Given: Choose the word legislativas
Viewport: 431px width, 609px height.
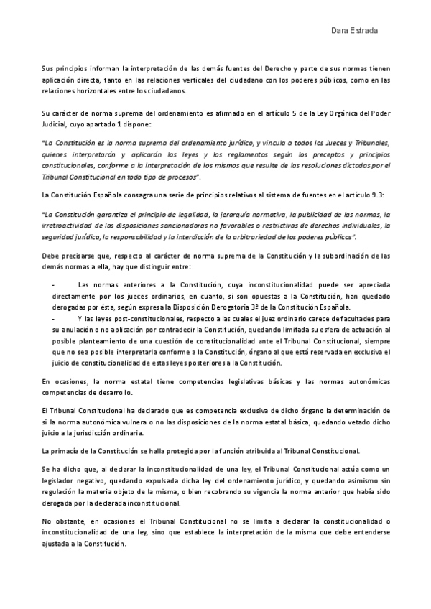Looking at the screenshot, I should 234,381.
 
